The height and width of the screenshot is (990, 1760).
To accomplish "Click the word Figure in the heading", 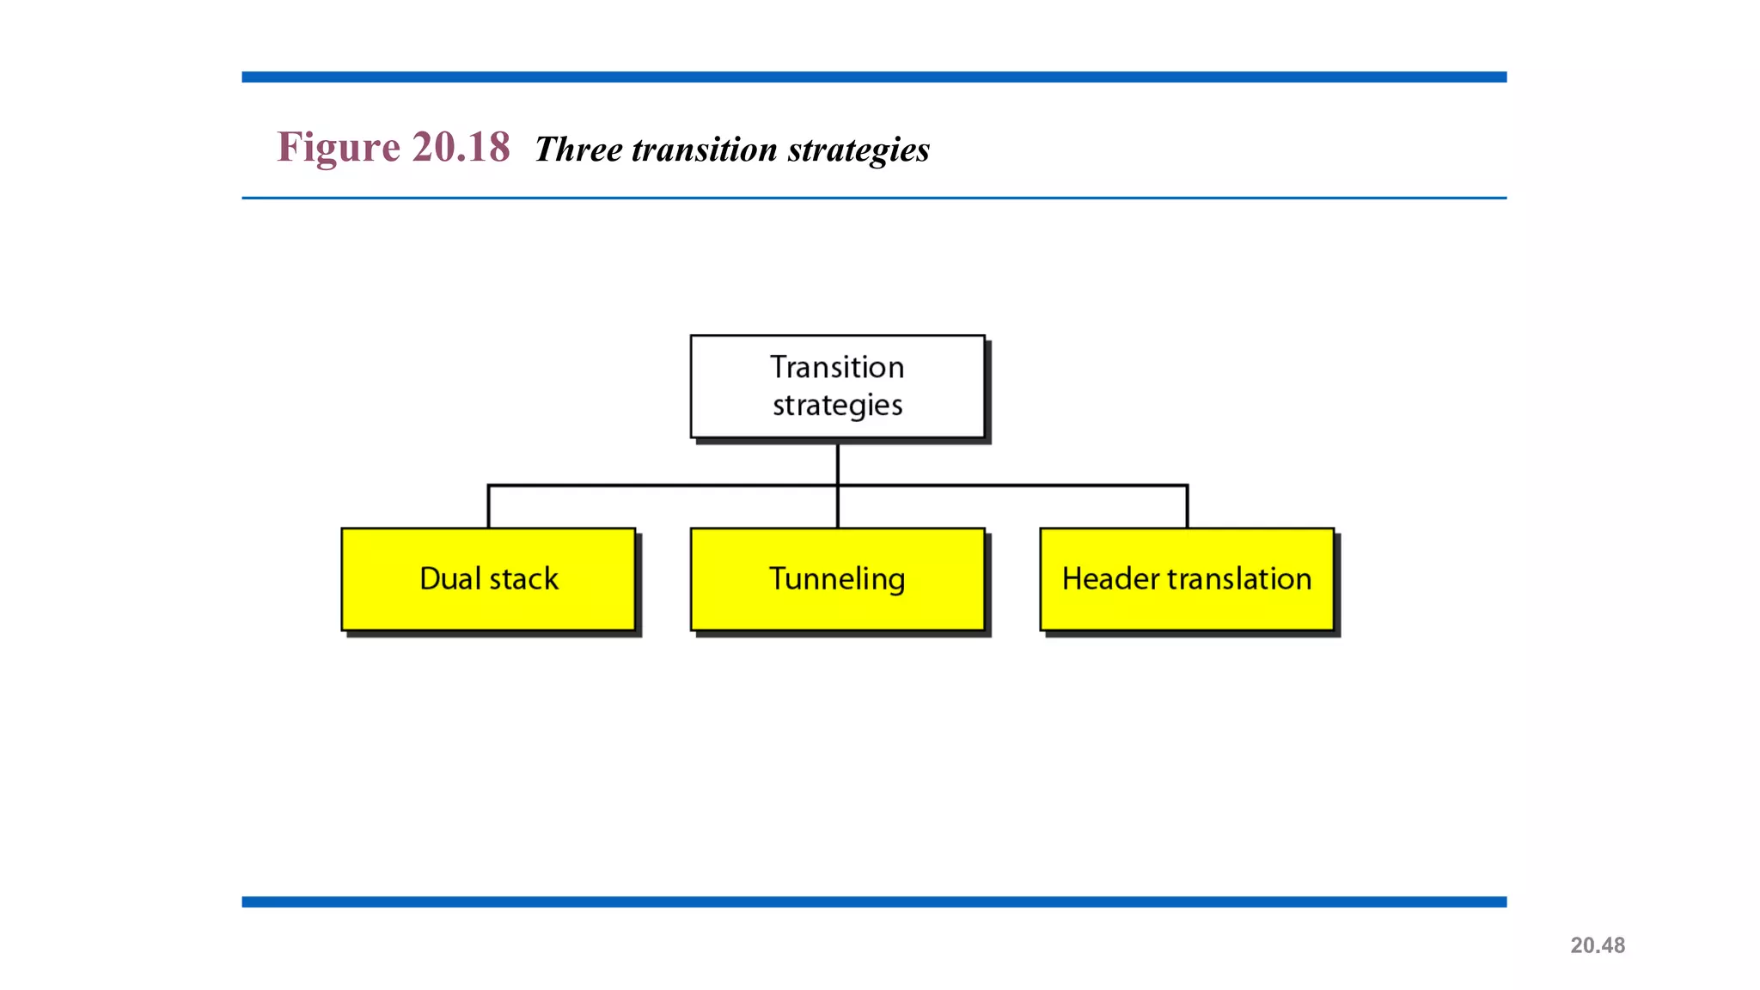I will [x=338, y=147].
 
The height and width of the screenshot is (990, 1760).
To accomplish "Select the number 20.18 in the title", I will [x=461, y=147].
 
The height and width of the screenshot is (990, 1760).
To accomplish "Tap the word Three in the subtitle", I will [x=578, y=150].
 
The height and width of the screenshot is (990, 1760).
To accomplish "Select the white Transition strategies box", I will [x=837, y=387].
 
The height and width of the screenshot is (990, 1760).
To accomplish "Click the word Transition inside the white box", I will [x=837, y=367].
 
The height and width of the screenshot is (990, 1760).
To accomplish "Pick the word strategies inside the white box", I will [x=837, y=405].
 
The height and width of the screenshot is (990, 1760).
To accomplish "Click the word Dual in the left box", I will [x=449, y=578].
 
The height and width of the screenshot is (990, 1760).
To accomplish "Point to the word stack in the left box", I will [x=523, y=579].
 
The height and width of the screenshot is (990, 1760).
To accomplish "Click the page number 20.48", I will [x=1598, y=945].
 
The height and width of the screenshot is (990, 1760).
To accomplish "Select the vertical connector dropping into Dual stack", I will [x=488, y=508].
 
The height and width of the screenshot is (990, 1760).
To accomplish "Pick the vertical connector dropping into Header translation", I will [x=1187, y=508].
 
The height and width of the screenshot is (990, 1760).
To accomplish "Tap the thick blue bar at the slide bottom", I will [x=874, y=901].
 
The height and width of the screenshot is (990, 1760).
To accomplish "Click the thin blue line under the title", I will [x=874, y=198].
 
